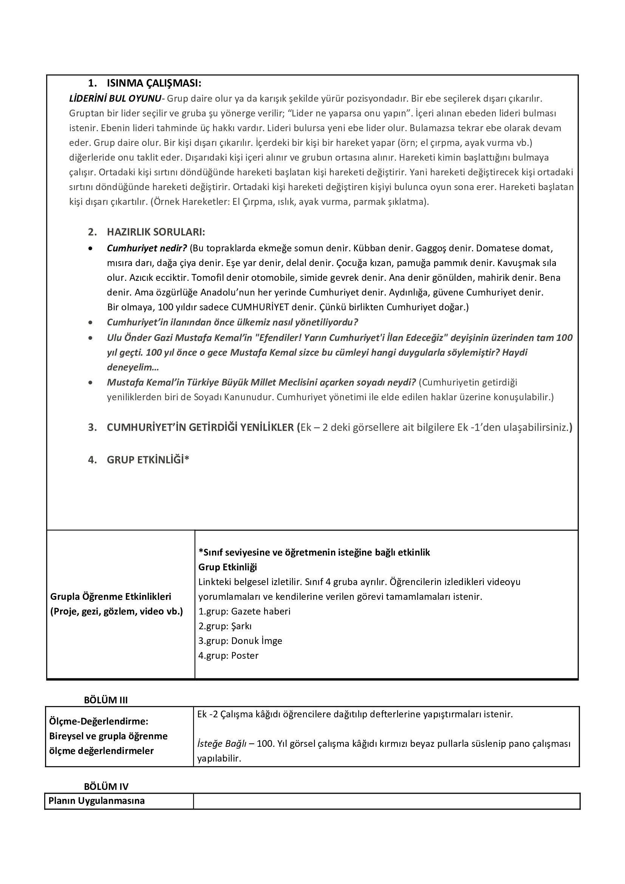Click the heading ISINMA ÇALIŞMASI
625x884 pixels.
click(x=154, y=83)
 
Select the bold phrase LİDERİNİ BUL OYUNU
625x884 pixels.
click(x=115, y=99)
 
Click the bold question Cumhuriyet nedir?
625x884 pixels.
click(x=147, y=248)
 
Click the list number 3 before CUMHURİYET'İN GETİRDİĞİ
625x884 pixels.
click(x=92, y=427)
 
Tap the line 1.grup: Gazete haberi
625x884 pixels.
click(x=244, y=611)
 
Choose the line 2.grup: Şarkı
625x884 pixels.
click(x=225, y=626)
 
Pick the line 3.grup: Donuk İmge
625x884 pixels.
click(x=240, y=641)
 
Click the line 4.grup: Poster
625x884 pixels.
click(x=228, y=655)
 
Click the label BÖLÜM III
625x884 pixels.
click(x=106, y=700)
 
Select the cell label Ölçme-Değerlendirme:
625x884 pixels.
click(x=99, y=721)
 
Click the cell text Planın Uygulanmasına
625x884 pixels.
click(x=97, y=800)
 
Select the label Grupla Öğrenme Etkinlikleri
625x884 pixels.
click(x=111, y=596)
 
